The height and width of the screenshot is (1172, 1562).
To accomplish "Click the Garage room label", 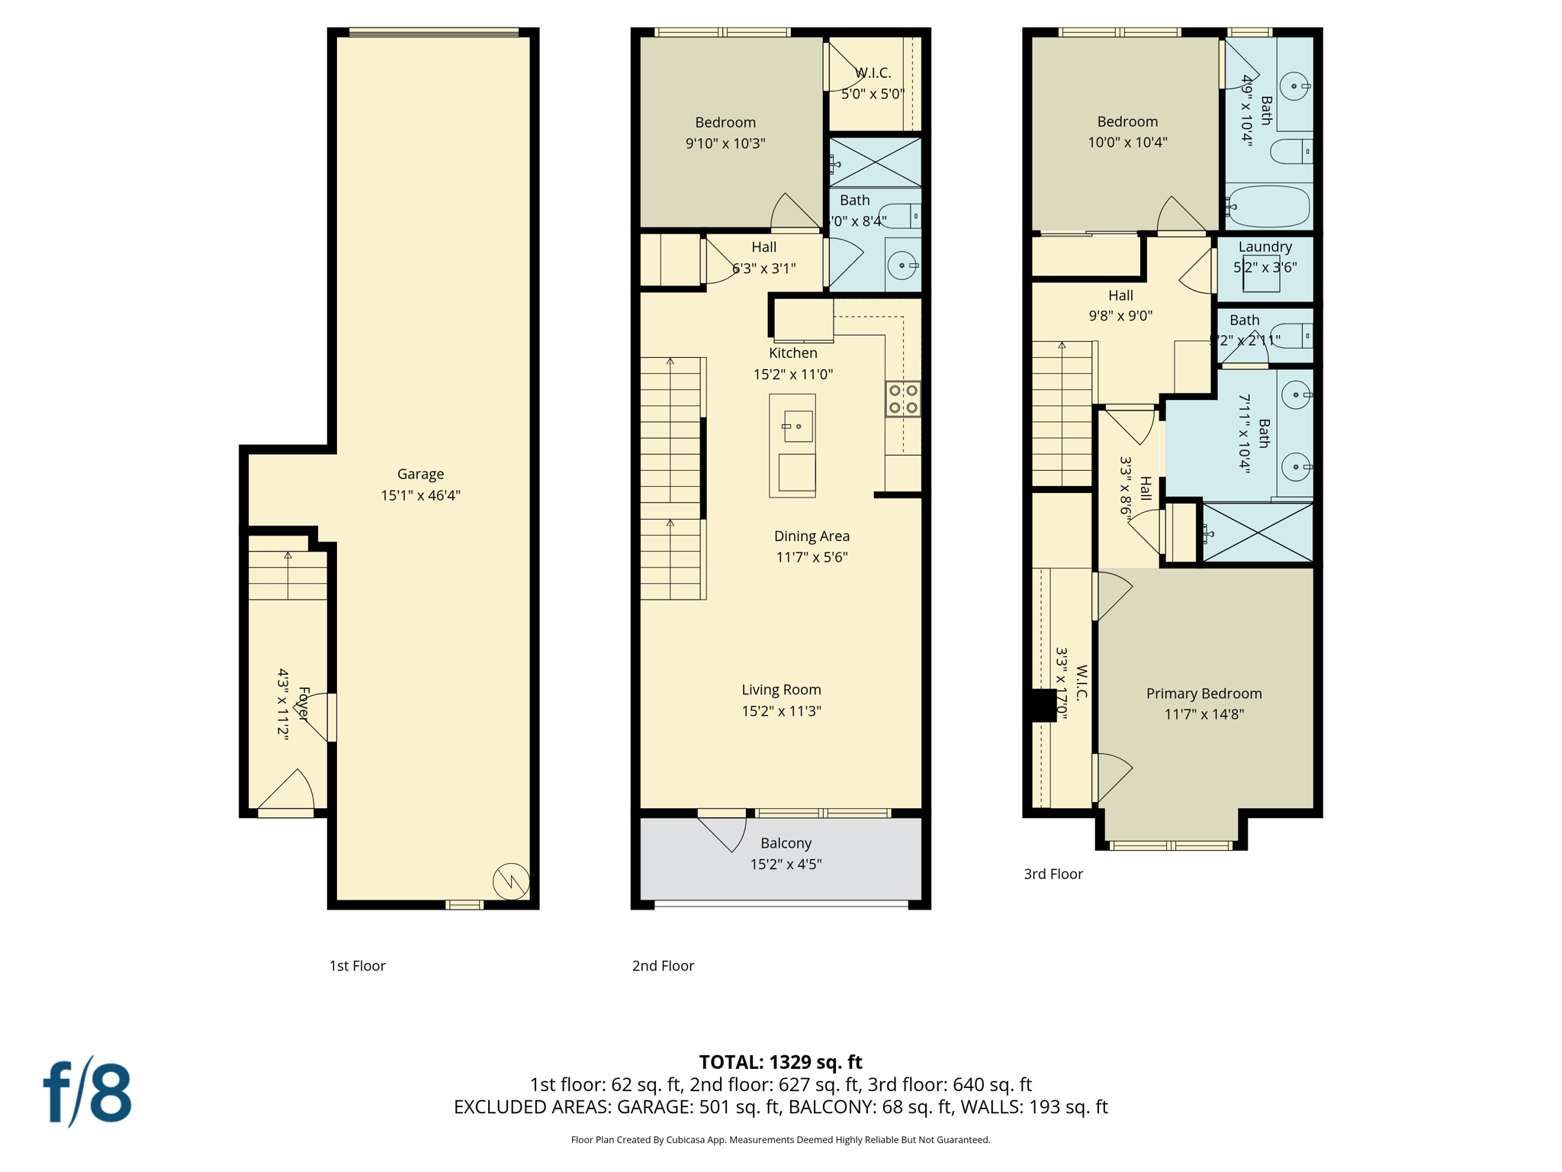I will tap(420, 474).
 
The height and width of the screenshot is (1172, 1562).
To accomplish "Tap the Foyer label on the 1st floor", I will tap(304, 704).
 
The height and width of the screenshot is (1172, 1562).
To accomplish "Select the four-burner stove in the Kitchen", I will tap(903, 399).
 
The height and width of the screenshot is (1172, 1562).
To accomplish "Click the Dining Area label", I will tap(812, 536).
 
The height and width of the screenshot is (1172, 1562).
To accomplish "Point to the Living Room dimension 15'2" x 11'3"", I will tap(781, 711).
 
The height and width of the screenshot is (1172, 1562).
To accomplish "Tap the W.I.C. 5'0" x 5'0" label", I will tap(873, 83).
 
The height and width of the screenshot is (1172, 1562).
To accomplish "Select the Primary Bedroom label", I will tap(1204, 694).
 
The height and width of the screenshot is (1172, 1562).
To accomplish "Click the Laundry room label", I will tap(1265, 246).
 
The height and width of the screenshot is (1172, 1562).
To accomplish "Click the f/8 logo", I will tap(87, 1093).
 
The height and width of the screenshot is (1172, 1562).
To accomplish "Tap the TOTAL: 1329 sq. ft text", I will tap(780, 1062).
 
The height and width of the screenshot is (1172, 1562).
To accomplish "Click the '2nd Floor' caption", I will tap(663, 966).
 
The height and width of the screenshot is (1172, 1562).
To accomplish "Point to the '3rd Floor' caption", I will tap(1053, 874).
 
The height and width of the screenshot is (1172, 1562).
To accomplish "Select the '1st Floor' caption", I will tap(357, 966).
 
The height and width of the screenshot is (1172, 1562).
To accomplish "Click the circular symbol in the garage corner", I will tap(511, 881).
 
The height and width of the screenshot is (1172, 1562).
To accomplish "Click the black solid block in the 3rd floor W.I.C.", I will tap(1043, 705).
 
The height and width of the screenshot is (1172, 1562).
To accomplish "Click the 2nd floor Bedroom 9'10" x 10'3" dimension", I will tap(725, 143).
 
